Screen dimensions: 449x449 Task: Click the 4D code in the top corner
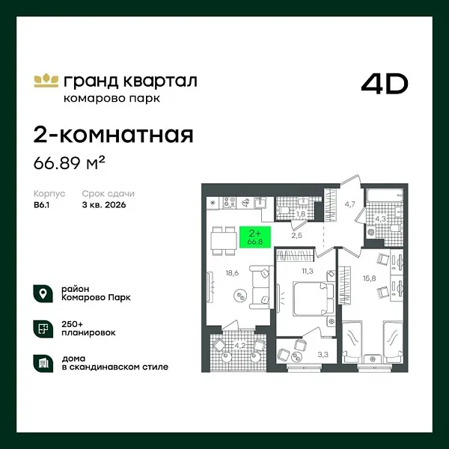(x=385, y=84)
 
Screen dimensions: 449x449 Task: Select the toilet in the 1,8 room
(x=284, y=201)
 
